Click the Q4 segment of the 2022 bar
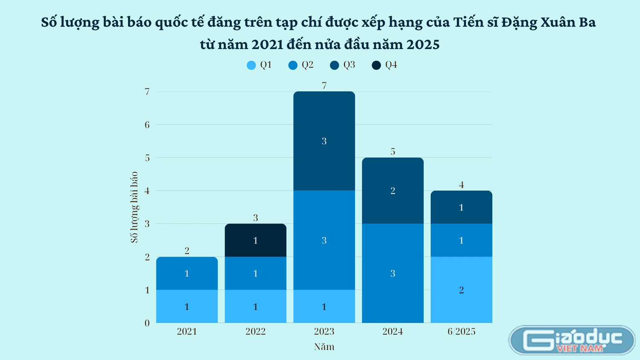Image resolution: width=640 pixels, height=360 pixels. pos(256,240)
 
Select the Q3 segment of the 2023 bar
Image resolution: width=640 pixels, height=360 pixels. pos(324,141)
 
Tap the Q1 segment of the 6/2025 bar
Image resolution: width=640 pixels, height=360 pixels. pos(461,290)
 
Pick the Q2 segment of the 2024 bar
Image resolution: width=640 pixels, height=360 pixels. pos(393,273)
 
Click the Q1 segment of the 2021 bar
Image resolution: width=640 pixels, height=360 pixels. pos(187,306)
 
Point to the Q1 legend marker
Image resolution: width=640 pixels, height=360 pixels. pos(251,65)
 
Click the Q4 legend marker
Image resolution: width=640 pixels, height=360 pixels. pos(376,65)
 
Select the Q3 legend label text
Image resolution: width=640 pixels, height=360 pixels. pos(349,65)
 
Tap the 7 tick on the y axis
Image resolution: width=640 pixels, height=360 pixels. pos(147,91)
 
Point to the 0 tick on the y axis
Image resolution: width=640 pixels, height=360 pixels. pos(147,323)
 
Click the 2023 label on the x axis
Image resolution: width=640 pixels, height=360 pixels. pos(324,331)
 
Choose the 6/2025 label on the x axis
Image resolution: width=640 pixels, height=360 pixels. pos(461,331)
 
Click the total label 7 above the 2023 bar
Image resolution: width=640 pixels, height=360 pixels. pos(324,85)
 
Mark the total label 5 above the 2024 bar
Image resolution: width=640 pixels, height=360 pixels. pos(393,151)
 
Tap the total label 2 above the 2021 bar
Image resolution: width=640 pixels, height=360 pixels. pos(187,250)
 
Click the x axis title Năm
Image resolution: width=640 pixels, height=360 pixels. pos(324,347)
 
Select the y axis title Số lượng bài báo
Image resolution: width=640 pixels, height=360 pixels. pos(134,207)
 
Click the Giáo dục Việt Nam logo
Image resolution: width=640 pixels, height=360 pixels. pos(572,340)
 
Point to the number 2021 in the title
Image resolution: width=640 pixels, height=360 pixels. pos(268,44)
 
